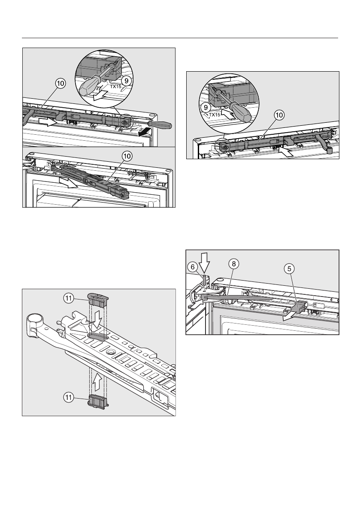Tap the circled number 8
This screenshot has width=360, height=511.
click(x=233, y=265)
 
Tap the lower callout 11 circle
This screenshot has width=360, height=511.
click(x=69, y=398)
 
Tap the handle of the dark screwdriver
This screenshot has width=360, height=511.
click(x=162, y=125)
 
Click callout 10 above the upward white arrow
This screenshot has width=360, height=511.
click(x=279, y=115)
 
